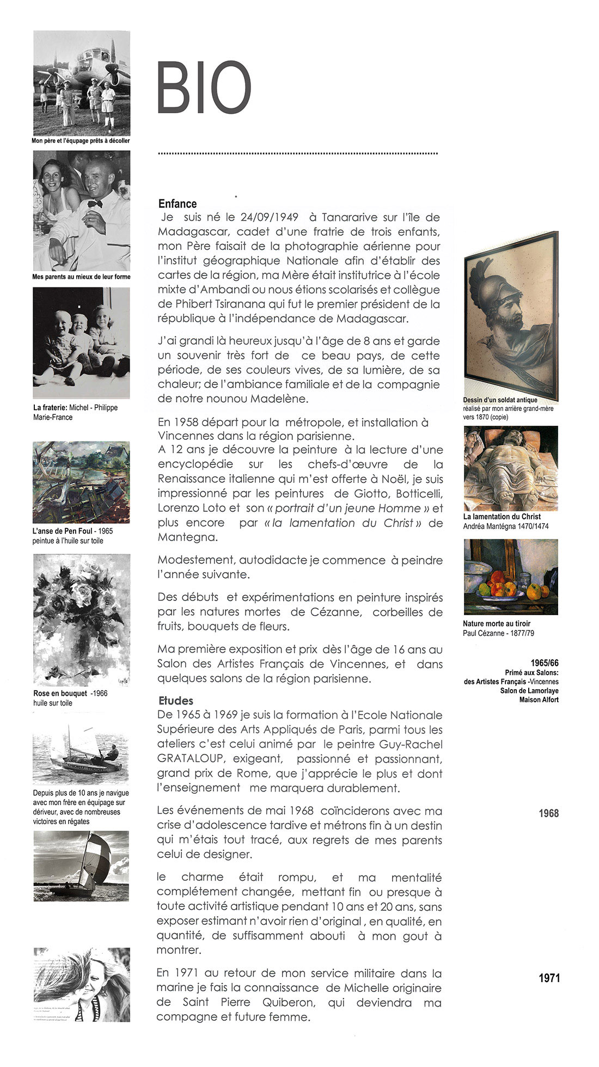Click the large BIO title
click(x=204, y=88)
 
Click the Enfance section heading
click(x=178, y=204)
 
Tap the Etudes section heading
click(x=176, y=701)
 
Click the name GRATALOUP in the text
click(x=191, y=758)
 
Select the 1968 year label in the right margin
click(x=548, y=813)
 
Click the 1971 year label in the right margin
click(x=549, y=978)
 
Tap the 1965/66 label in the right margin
click(x=544, y=663)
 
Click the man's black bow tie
click(x=95, y=203)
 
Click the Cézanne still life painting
click(x=511, y=577)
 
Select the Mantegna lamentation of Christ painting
click(x=511, y=468)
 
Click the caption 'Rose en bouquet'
click(x=60, y=693)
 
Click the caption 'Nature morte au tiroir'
click(x=496, y=623)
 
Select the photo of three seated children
click(x=82, y=342)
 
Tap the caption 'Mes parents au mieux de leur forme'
click(x=81, y=277)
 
